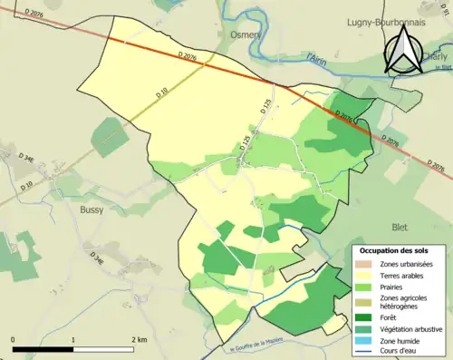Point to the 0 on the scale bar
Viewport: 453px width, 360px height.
(x=14, y=339)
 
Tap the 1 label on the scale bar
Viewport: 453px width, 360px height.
(x=73, y=339)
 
